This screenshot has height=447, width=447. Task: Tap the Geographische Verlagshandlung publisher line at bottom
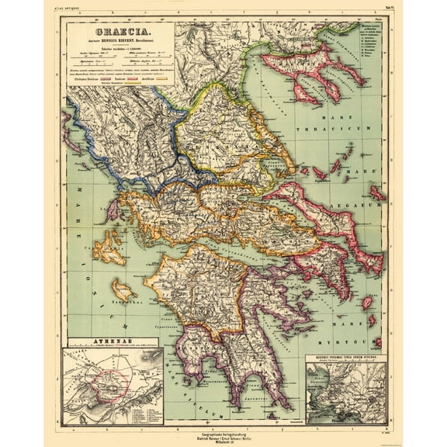pos(223,428)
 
